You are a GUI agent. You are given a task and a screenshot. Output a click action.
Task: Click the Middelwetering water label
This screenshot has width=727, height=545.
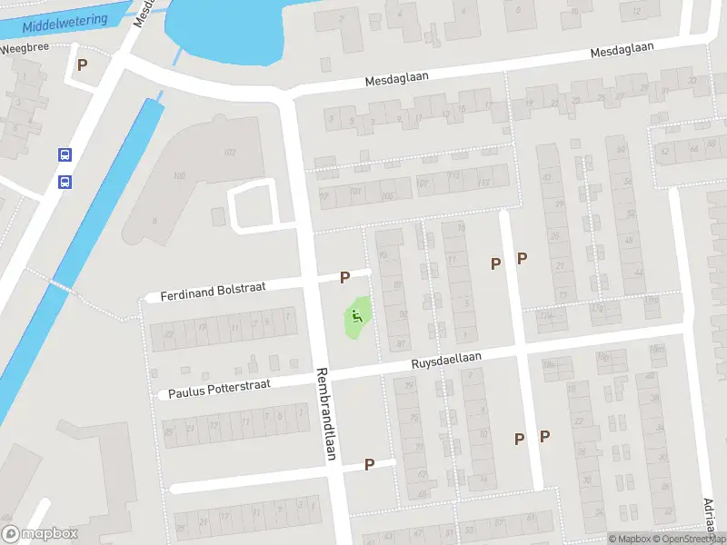[63, 24]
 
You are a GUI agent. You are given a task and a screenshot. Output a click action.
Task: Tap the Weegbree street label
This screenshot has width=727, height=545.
[25, 49]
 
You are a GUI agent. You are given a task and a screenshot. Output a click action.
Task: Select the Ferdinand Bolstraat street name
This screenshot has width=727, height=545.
[213, 291]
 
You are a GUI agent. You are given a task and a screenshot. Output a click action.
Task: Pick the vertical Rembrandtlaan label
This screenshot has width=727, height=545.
[325, 412]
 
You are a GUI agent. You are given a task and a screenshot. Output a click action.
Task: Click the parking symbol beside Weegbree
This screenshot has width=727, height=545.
[83, 65]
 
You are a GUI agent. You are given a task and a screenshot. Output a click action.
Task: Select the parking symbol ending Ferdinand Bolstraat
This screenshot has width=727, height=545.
[345, 277]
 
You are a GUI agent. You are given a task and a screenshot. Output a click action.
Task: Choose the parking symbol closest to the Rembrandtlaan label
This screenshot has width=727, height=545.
[369, 464]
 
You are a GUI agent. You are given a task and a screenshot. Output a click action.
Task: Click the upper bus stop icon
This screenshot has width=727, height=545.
[65, 155]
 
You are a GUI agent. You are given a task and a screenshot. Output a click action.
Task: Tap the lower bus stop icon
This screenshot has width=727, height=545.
[65, 182]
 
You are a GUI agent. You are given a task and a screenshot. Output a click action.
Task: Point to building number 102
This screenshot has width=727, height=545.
[229, 152]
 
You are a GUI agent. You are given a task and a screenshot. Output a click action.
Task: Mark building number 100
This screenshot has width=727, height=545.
[178, 175]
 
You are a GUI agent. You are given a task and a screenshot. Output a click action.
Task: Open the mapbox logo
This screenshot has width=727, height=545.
[40, 534]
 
